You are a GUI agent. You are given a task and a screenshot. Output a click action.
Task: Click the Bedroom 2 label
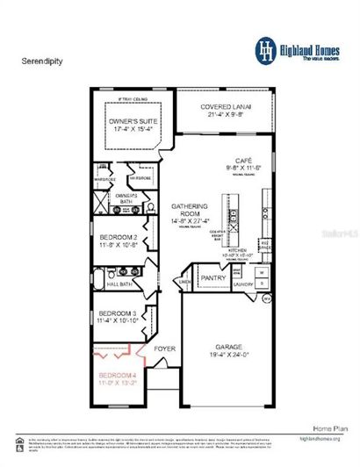tap(117, 238)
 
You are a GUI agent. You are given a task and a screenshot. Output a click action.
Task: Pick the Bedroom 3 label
tap(116, 313)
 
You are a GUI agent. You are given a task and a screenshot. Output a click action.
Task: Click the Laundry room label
tap(243, 284)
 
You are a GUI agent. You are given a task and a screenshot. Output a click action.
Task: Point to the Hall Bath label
tap(119, 284)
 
